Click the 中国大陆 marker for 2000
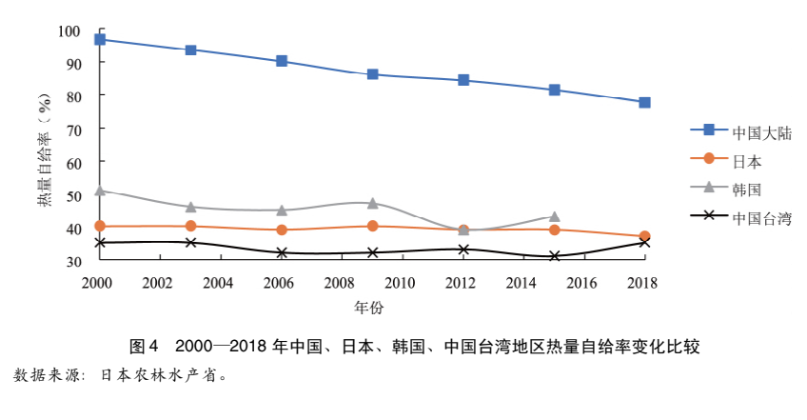click(100, 39)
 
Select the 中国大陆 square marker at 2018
click(644, 102)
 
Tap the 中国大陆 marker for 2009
click(372, 74)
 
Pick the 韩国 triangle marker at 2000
click(100, 190)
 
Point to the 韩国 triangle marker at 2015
click(554, 216)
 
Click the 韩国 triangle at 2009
click(372, 203)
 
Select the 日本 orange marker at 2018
click(644, 236)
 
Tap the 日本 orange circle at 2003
click(190, 226)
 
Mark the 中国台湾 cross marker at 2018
click(644, 242)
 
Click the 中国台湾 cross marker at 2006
click(282, 252)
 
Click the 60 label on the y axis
click(73, 162)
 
